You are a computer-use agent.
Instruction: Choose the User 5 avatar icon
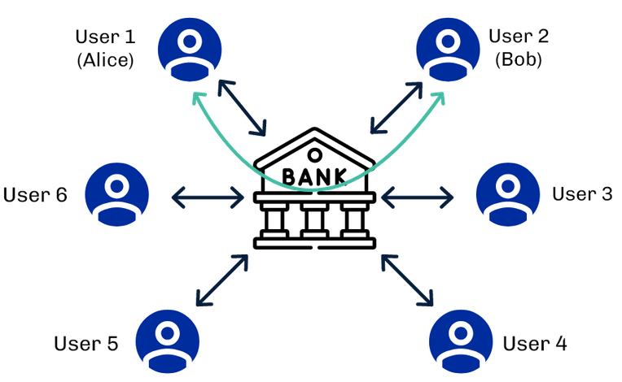pyautogui.click(x=168, y=341)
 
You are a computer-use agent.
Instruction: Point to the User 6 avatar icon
pyautogui.click(x=116, y=195)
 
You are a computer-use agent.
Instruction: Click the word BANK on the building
pyautogui.click(x=313, y=174)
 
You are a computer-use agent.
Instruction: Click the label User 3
pyautogui.click(x=582, y=194)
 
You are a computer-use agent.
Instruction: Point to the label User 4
pyautogui.click(x=535, y=344)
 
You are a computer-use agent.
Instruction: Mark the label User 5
pyautogui.click(x=86, y=344)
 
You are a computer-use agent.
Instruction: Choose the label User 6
pyautogui.click(x=35, y=195)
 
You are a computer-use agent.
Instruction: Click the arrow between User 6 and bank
pyautogui.click(x=208, y=195)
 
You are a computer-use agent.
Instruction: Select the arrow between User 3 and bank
pyautogui.click(x=417, y=195)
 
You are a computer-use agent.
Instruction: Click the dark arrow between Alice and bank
pyautogui.click(x=242, y=106)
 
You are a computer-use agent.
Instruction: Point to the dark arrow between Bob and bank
pyautogui.click(x=396, y=106)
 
